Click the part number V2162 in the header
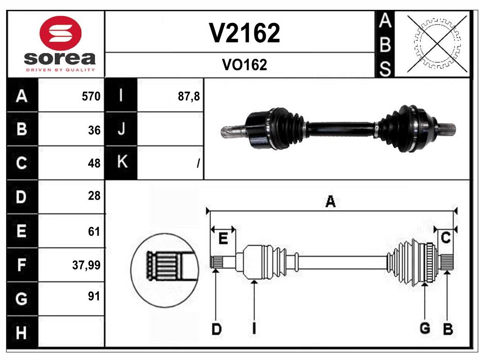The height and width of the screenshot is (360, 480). click(x=244, y=33)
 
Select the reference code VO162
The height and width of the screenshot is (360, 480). click(x=244, y=65)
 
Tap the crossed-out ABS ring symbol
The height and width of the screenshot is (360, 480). click(x=437, y=44)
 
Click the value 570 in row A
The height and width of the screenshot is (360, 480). click(x=91, y=97)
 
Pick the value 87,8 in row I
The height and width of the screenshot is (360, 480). click(x=189, y=97)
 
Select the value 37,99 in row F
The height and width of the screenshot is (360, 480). click(x=86, y=266)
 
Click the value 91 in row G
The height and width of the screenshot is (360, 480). click(x=94, y=296)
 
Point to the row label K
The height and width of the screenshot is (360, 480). click(x=121, y=163)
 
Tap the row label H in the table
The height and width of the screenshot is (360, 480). click(x=22, y=333)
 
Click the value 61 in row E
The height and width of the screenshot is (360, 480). click(x=94, y=231)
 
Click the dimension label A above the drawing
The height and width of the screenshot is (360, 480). click(x=330, y=202)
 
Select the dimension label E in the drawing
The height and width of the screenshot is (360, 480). click(x=223, y=239)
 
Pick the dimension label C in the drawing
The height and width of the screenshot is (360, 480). click(x=446, y=238)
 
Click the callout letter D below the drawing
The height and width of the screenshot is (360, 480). click(x=216, y=329)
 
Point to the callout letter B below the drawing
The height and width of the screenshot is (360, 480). click(x=448, y=329)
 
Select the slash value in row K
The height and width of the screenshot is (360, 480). click(x=198, y=164)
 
